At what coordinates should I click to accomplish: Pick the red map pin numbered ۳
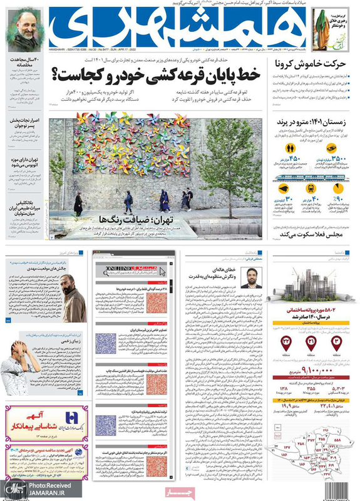(336, 341)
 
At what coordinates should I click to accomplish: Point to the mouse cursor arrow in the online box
(162, 271)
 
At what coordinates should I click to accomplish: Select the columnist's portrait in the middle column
(251, 276)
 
